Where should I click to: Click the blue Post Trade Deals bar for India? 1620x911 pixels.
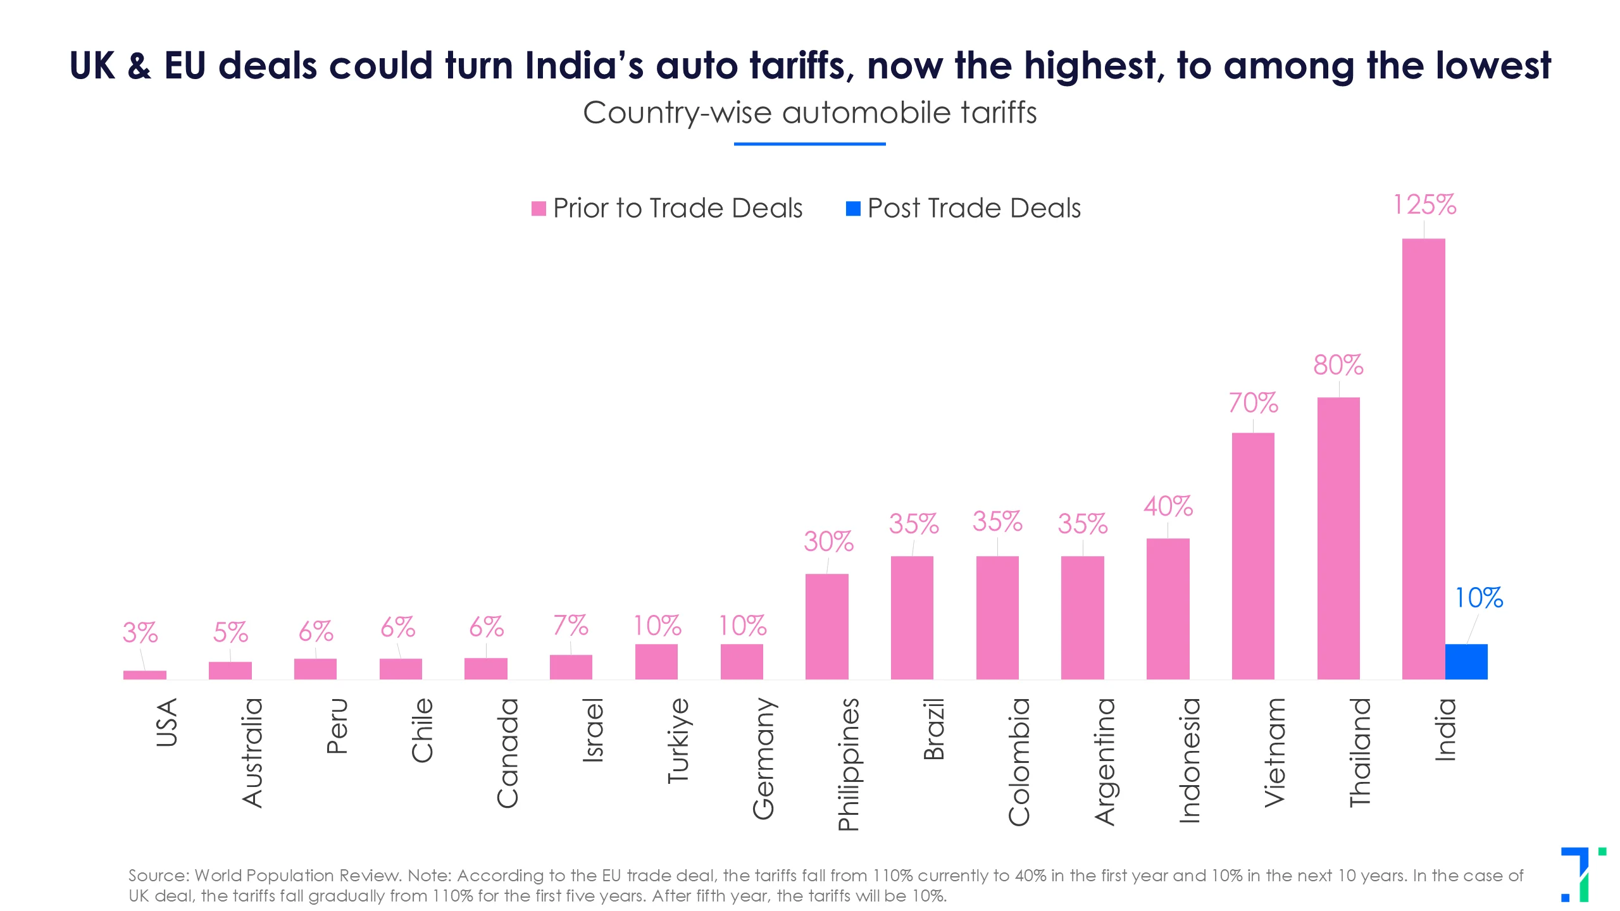[x=1466, y=662]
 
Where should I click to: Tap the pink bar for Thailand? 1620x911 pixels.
[x=1338, y=538]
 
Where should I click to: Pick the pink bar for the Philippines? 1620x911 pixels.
[x=826, y=626]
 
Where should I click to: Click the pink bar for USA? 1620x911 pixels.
[x=144, y=675]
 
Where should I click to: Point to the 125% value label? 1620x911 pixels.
[x=1424, y=205]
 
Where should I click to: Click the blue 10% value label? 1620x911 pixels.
[x=1478, y=598]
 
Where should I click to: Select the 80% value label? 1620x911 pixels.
[x=1338, y=365]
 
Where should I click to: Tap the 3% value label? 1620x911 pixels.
[x=140, y=633]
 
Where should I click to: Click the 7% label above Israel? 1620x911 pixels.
[x=570, y=626]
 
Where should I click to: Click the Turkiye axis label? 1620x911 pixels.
[x=678, y=740]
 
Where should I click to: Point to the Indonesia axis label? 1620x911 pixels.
[x=1190, y=760]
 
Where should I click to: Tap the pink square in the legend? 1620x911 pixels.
[x=539, y=209]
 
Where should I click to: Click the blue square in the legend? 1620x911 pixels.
[x=853, y=209]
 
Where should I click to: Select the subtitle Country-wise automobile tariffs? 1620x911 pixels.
[x=809, y=113]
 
